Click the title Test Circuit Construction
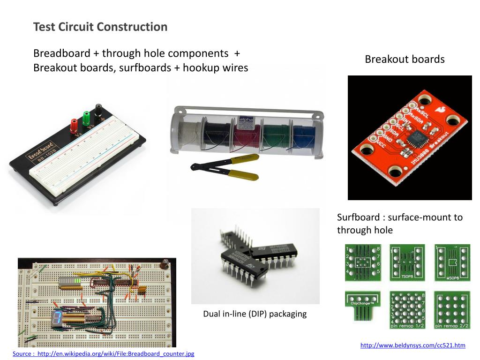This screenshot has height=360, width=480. pos(100,27)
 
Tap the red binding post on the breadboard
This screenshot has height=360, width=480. pos(74,125)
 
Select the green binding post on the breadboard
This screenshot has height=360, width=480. pos(86,117)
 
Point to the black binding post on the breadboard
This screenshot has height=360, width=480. pos(99,111)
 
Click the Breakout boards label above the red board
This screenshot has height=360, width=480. pos(405,59)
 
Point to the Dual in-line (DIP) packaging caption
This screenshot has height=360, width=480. pos(255,314)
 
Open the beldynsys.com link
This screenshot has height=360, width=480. pos(412,345)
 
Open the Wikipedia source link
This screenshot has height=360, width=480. pos(103,353)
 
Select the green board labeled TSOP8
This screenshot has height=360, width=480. pos(407,262)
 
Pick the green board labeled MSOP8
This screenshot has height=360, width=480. pos(452,262)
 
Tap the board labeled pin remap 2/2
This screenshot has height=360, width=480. pos(452,309)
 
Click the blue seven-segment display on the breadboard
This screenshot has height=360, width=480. pos(56,318)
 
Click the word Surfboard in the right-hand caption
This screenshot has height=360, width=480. pos(358,217)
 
